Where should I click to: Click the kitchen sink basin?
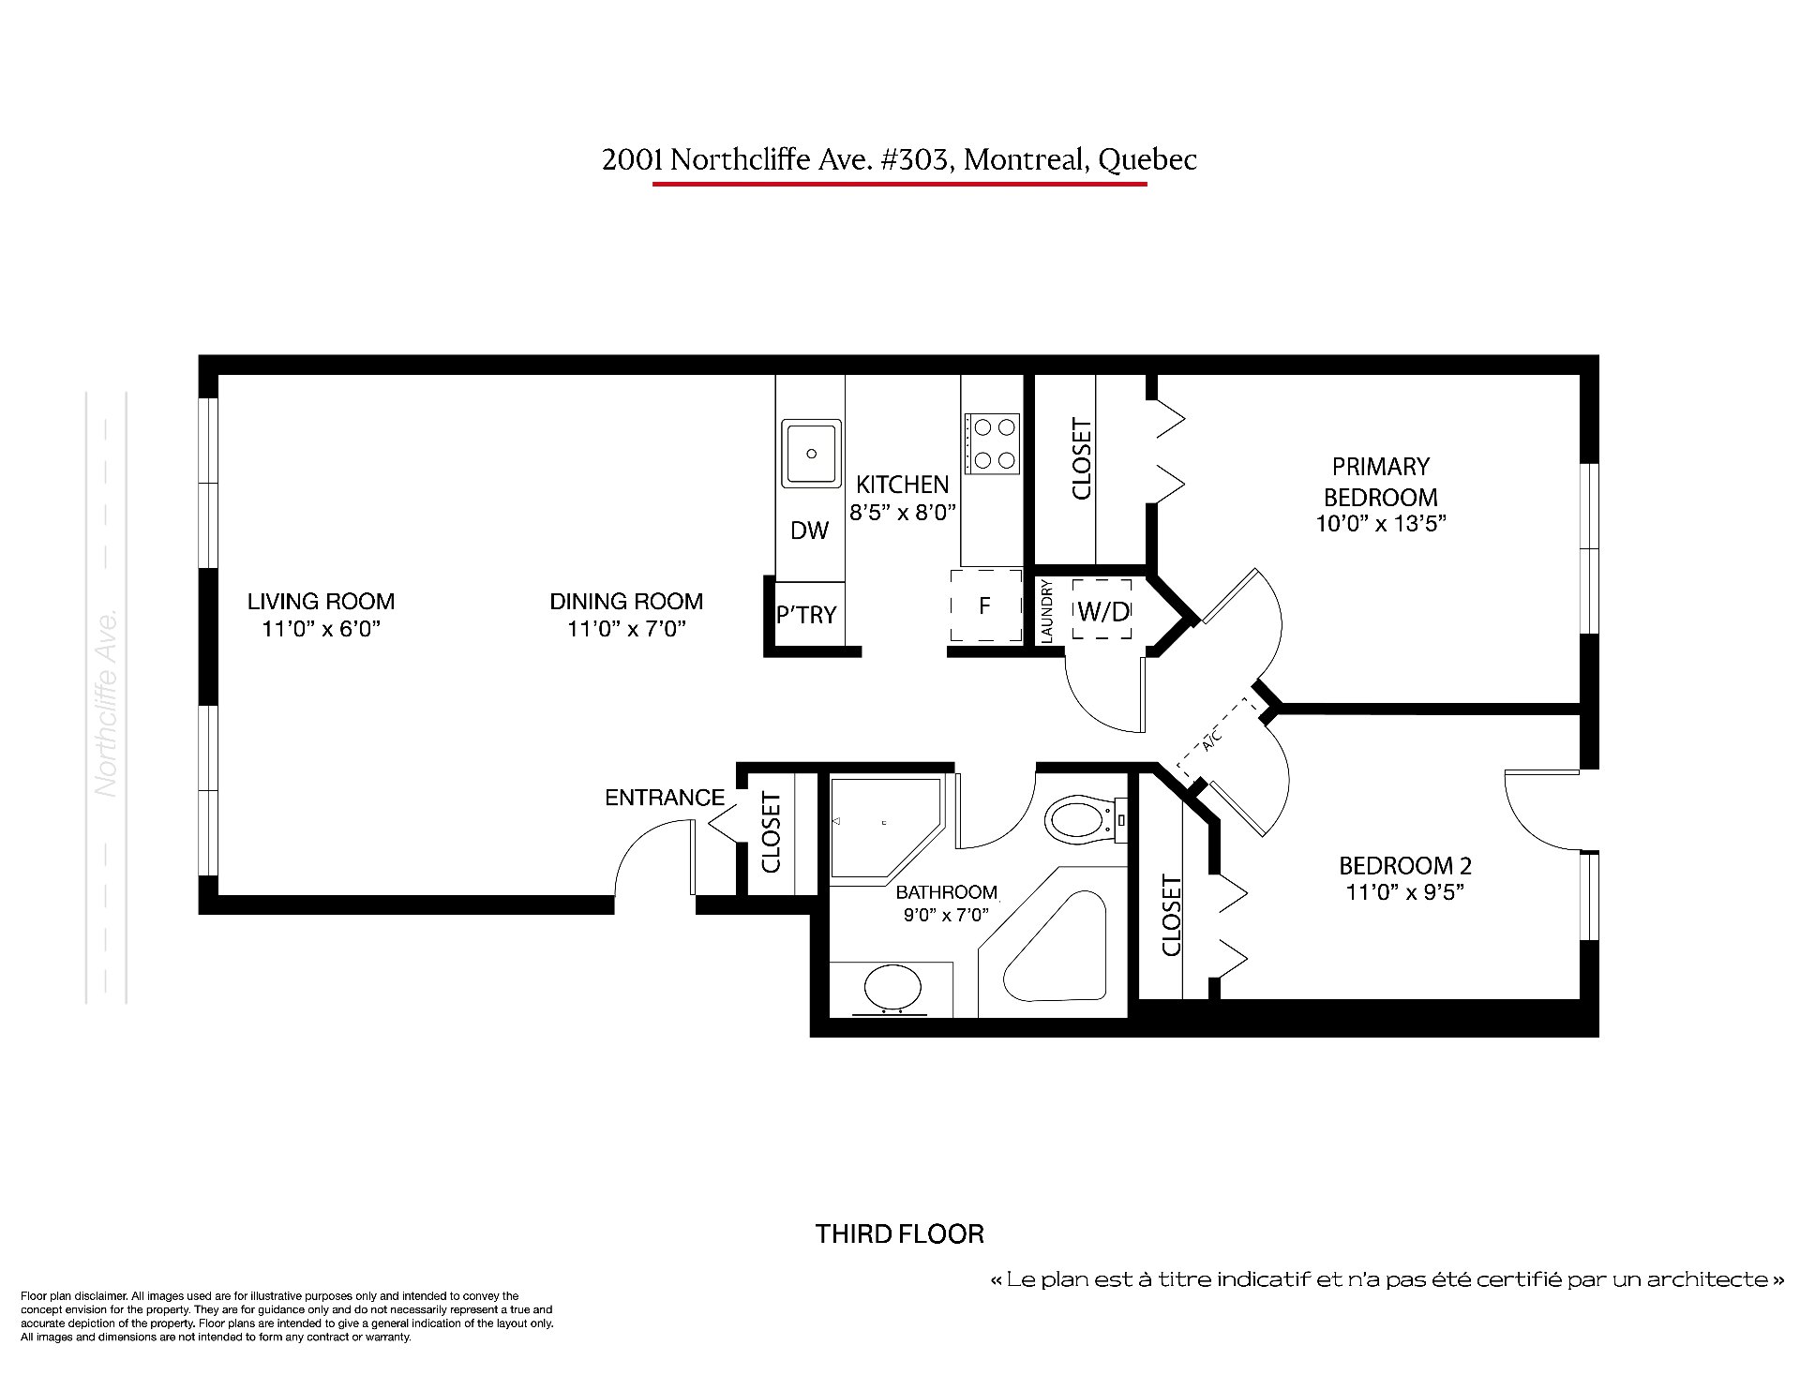[x=812, y=454]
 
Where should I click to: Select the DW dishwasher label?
[x=810, y=531]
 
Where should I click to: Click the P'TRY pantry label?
[x=806, y=615]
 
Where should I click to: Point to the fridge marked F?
[x=985, y=605]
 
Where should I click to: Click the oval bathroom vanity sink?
[x=893, y=989]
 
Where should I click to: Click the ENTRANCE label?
[x=665, y=798]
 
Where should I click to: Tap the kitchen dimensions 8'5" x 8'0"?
[x=902, y=513]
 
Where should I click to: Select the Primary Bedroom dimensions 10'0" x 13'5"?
[x=1381, y=524]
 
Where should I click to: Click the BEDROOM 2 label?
[x=1405, y=865]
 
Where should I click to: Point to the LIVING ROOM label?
[x=321, y=601]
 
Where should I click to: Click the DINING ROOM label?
[x=626, y=601]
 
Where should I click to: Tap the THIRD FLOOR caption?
[x=900, y=1233]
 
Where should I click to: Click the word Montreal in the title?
[x=1027, y=160]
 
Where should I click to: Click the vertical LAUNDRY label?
[x=1047, y=611]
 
